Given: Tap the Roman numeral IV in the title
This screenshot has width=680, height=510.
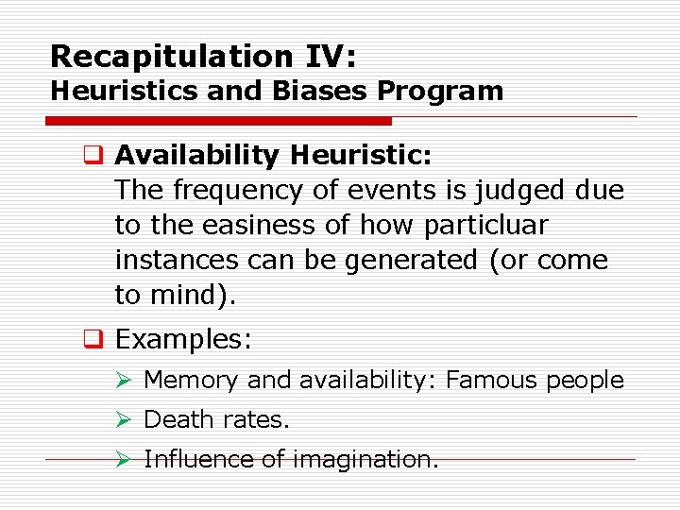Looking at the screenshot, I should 331,57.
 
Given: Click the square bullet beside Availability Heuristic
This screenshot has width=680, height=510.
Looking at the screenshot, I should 97,155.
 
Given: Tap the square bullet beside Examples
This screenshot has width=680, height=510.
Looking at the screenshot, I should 97,339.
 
